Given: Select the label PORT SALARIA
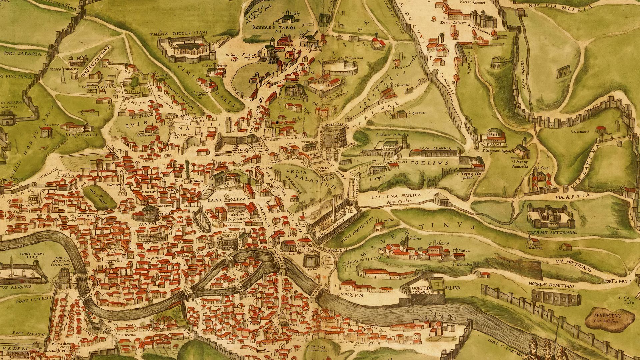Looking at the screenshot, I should tap(23, 54).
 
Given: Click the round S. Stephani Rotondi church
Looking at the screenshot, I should tap(496, 136).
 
